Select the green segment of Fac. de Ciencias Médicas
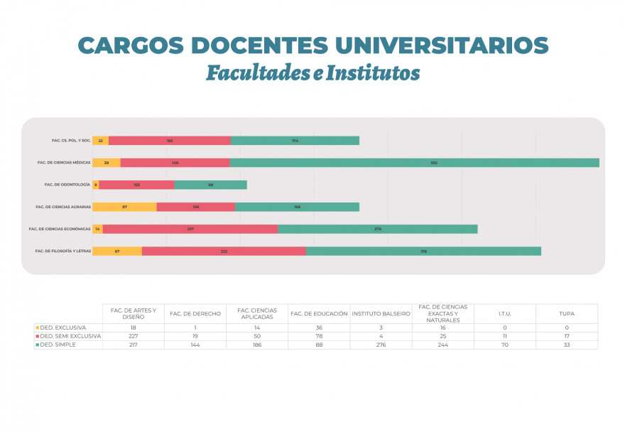click(414, 163)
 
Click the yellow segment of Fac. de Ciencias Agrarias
click(124, 207)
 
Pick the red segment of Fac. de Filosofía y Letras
click(224, 251)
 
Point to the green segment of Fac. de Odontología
click(210, 185)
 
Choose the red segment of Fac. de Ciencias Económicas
click(190, 229)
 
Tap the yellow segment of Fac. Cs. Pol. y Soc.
click(100, 141)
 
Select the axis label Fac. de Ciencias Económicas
click(60, 229)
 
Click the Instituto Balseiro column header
click(381, 313)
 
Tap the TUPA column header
click(567, 313)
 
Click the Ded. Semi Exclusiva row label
click(70, 336)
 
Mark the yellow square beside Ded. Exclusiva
click(37, 328)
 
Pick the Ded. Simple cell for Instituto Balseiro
click(381, 345)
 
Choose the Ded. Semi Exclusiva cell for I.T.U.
click(505, 336)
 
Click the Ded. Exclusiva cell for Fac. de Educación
click(319, 328)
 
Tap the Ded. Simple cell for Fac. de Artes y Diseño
click(133, 345)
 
